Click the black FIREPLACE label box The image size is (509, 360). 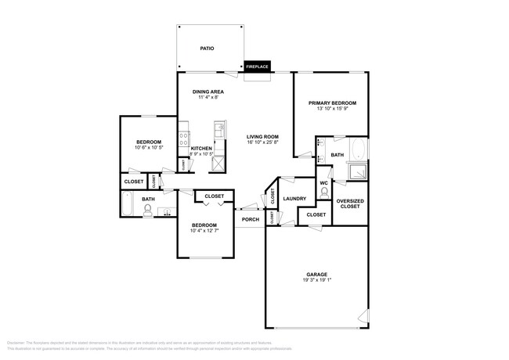tap(258, 67)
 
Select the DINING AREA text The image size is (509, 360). tap(209, 92)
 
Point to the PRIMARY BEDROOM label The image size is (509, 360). tap(332, 103)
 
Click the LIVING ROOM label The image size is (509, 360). tap(263, 136)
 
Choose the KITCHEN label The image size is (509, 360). tap(201, 149)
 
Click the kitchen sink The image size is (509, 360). tap(220, 128)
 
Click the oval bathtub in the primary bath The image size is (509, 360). tap(357, 149)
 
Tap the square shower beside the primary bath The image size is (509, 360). tap(357, 171)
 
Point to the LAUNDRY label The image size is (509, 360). tap(294, 199)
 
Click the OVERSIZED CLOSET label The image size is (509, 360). tap(349, 203)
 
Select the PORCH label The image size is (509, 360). tap(251, 219)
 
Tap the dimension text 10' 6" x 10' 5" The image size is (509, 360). tap(149, 147)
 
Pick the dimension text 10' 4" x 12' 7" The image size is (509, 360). tap(205, 230)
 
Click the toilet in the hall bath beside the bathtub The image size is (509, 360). tap(147, 211)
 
